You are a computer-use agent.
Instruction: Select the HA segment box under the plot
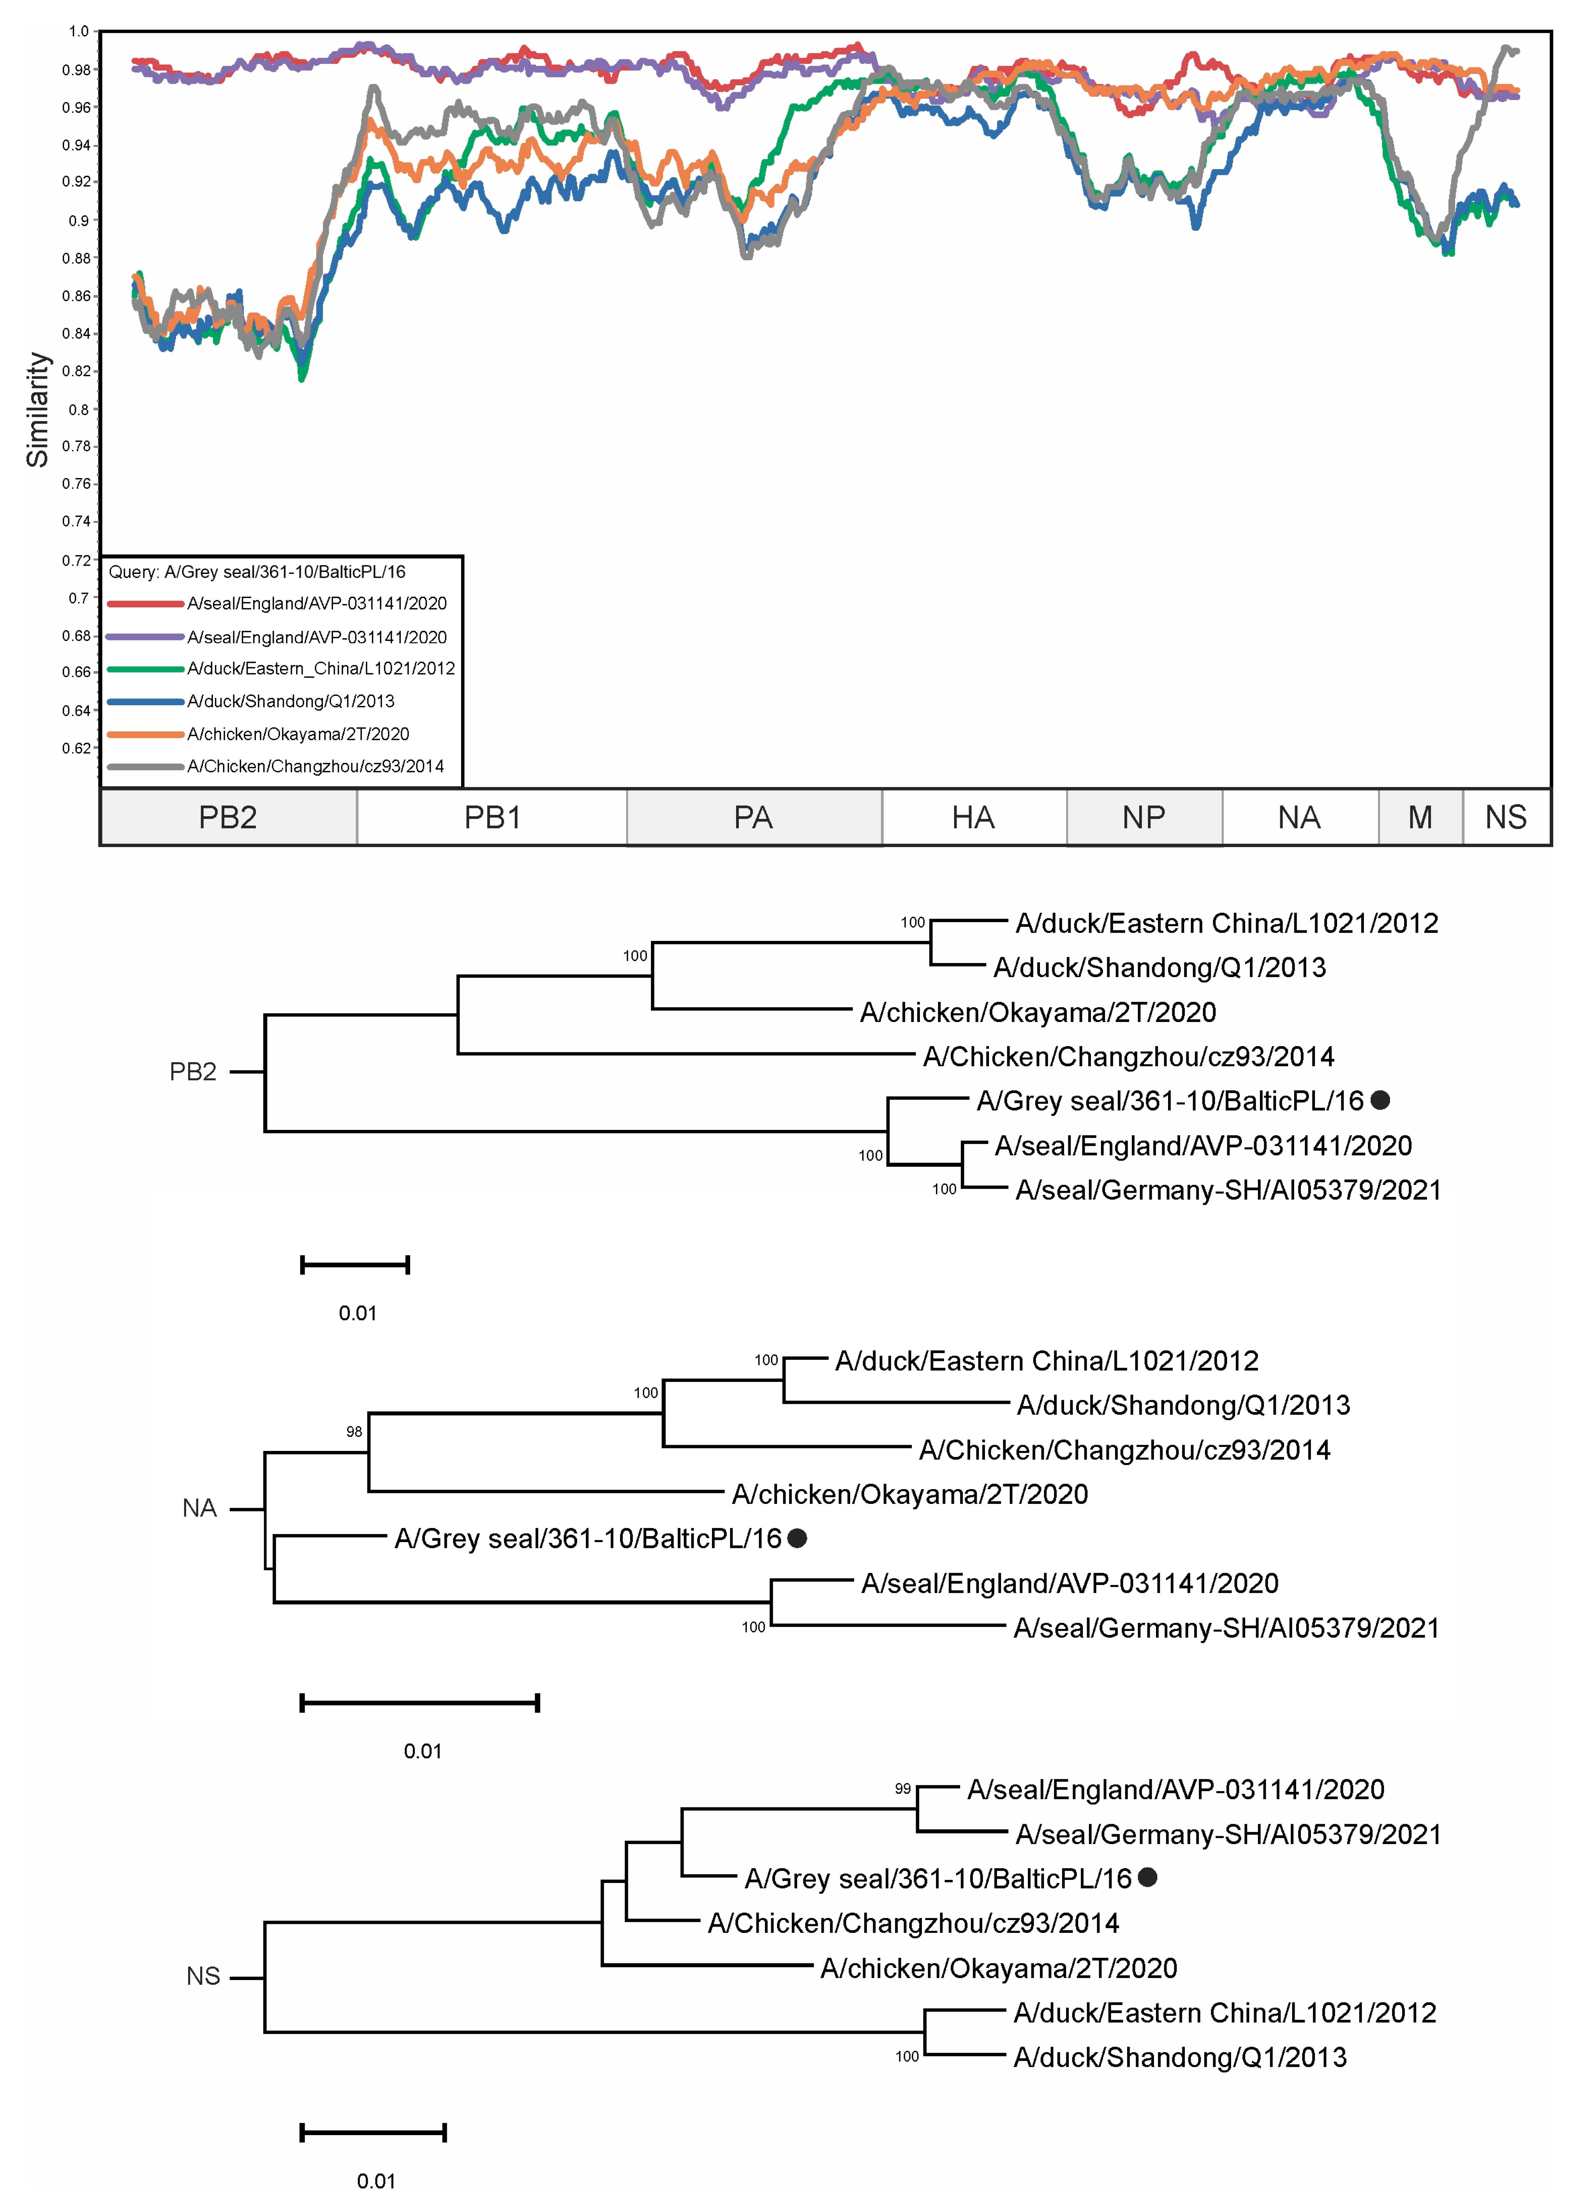[x=973, y=817]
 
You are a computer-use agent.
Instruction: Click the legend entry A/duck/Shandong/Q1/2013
[x=291, y=701]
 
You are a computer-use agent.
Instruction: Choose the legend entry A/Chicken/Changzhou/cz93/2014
[x=315, y=766]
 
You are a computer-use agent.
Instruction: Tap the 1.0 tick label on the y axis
[x=79, y=31]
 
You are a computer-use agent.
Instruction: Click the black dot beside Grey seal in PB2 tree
[x=1380, y=1100]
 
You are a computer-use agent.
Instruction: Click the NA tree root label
[x=199, y=1509]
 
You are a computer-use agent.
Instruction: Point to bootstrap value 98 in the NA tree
[x=354, y=1432]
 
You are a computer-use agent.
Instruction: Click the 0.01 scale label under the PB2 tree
[x=357, y=1313]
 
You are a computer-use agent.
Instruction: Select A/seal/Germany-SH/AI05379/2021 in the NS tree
[x=1227, y=1834]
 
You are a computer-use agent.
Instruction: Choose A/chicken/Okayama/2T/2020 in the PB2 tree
[x=1038, y=1013]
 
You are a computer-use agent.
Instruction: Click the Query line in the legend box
[x=257, y=572]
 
